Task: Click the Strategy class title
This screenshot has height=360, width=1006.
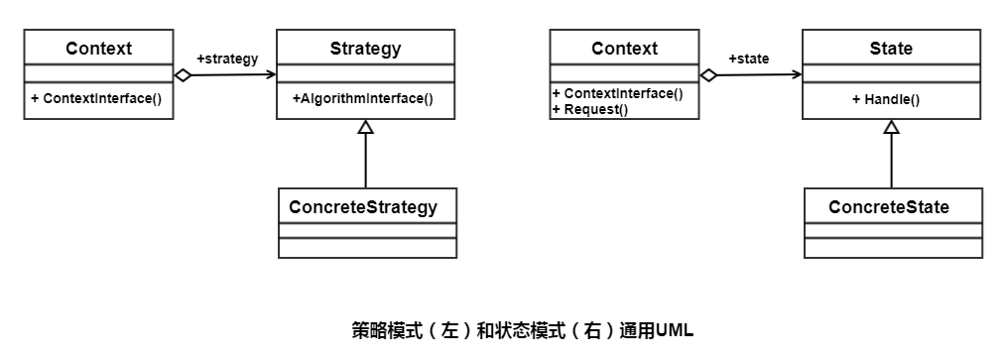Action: pyautogui.click(x=366, y=49)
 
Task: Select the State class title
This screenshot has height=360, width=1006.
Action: pyautogui.click(x=891, y=49)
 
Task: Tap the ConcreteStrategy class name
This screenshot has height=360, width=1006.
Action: pyautogui.click(x=363, y=207)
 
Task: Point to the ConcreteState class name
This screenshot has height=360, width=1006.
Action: pyautogui.click(x=889, y=207)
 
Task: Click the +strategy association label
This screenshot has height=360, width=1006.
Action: pyautogui.click(x=227, y=60)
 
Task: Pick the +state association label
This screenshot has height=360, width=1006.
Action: pyautogui.click(x=749, y=60)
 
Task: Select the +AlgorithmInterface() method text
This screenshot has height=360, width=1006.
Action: pyautogui.click(x=363, y=99)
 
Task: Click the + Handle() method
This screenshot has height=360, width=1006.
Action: pyautogui.click(x=886, y=99)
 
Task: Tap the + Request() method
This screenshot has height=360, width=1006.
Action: pyautogui.click(x=590, y=109)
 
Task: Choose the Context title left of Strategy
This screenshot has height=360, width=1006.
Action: pyautogui.click(x=99, y=49)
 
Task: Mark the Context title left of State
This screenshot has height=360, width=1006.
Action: pyautogui.click(x=625, y=49)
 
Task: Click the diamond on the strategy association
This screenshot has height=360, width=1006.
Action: pyautogui.click(x=184, y=75)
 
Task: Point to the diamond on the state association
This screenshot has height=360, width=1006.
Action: pyautogui.click(x=709, y=75)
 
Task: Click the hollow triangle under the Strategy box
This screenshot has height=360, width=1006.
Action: pyautogui.click(x=366, y=126)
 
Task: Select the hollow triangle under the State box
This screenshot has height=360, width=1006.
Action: pyautogui.click(x=891, y=126)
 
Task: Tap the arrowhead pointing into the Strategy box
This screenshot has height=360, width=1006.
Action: pyautogui.click(x=272, y=74)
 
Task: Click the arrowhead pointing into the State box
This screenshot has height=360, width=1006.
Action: pyautogui.click(x=797, y=74)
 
